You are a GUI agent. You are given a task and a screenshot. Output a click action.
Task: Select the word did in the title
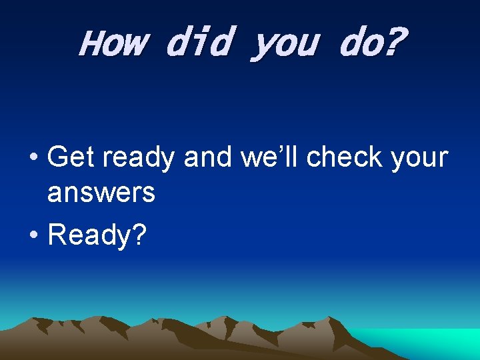click(x=198, y=43)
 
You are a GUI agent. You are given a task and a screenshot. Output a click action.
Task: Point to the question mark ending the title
click(x=393, y=42)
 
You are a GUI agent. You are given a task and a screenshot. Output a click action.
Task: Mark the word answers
click(x=101, y=194)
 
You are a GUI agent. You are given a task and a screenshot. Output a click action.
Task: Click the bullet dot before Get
click(x=33, y=159)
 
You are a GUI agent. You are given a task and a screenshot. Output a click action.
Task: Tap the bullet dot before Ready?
click(x=33, y=235)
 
